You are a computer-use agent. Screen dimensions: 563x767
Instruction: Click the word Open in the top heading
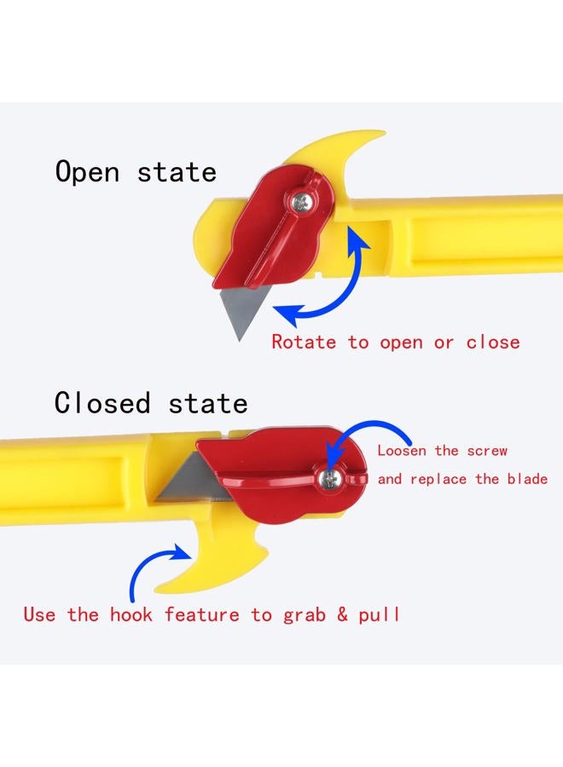pyautogui.click(x=87, y=172)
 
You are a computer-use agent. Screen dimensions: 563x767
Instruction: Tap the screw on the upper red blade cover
pyautogui.click(x=300, y=202)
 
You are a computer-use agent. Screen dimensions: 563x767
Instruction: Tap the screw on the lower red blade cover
pyautogui.click(x=330, y=479)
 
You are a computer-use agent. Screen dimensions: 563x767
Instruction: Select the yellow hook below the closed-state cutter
pyautogui.click(x=216, y=557)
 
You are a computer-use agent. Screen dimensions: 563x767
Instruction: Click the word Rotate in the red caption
pyautogui.click(x=304, y=342)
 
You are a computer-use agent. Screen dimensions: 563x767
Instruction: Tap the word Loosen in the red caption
pyautogui.click(x=402, y=450)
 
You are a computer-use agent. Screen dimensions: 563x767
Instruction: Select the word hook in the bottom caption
pyautogui.click(x=131, y=614)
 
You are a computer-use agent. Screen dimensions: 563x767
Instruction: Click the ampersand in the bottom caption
pyautogui.click(x=342, y=614)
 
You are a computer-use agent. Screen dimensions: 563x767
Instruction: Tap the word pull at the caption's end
pyautogui.click(x=379, y=614)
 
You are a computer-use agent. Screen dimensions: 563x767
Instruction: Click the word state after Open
pyautogui.click(x=177, y=173)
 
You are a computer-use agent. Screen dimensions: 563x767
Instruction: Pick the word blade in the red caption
pyautogui.click(x=527, y=478)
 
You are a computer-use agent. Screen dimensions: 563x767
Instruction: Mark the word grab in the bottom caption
pyautogui.click(x=304, y=615)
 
